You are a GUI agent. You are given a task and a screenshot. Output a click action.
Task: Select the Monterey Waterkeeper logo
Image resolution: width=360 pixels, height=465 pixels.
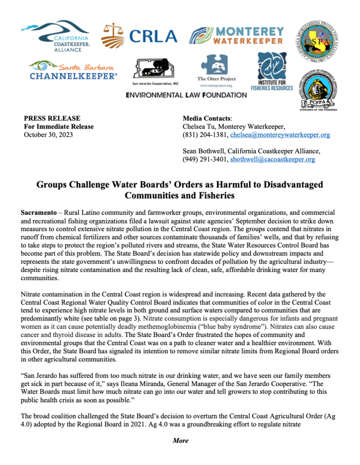pos(237,36)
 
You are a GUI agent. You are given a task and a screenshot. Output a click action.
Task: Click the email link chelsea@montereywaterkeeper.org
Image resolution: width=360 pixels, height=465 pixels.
pos(280,135)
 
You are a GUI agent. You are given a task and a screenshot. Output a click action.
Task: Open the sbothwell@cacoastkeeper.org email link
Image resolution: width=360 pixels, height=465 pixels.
pos(272,159)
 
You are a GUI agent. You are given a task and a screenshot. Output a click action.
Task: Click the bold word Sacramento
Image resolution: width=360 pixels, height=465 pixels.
pos(39,213)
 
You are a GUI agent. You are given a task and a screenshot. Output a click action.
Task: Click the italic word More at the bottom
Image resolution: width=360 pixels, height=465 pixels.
pos(180,440)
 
